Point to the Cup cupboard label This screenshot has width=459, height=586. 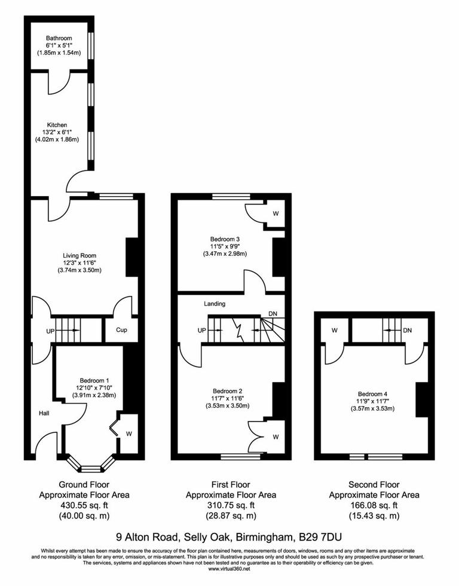click(x=121, y=329)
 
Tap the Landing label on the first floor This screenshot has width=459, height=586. click(x=215, y=304)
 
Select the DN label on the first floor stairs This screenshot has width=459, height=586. click(x=273, y=314)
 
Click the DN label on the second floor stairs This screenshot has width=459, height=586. click(x=408, y=329)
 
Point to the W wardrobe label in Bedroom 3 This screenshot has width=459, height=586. click(x=276, y=213)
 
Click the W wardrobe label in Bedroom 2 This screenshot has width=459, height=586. click(x=276, y=437)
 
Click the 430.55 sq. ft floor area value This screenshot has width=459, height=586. click(x=84, y=505)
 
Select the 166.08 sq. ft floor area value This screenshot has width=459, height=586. click(x=374, y=505)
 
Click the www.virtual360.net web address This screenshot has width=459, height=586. click(x=229, y=568)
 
